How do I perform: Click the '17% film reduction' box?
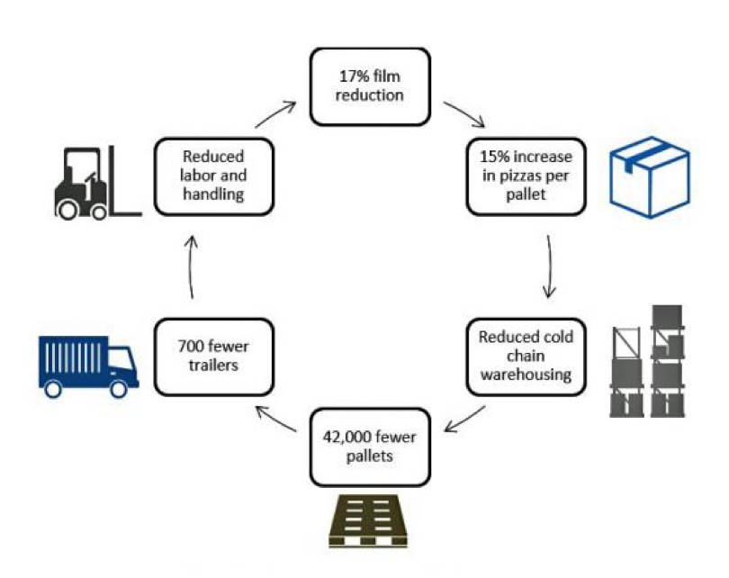(364, 86)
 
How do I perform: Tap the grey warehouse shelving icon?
(650, 360)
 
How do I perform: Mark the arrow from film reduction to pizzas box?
(465, 114)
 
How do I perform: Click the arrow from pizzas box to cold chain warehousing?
(549, 266)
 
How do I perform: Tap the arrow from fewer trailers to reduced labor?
(191, 266)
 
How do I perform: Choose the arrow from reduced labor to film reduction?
(276, 114)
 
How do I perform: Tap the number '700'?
(186, 346)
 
